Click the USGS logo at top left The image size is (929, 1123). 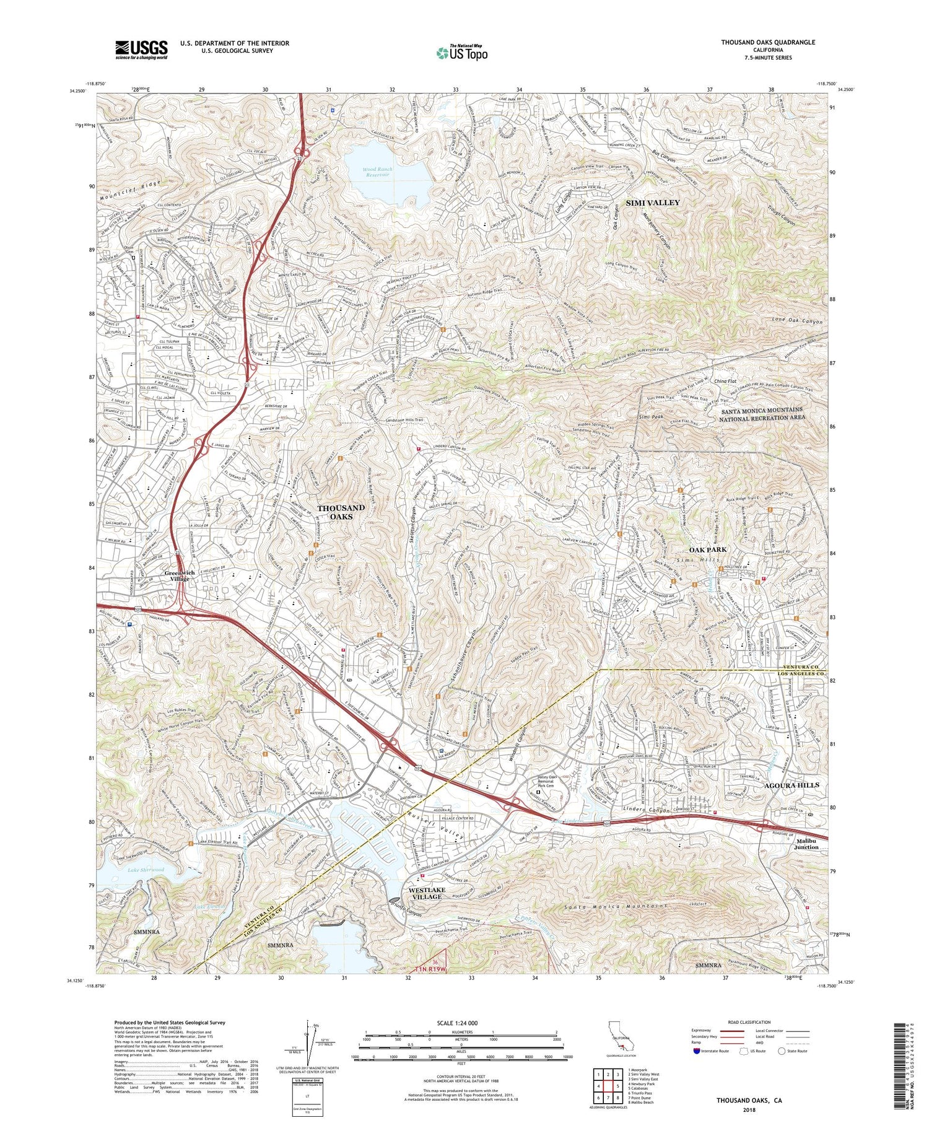pyautogui.click(x=141, y=50)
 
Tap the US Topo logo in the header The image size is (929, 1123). pyautogui.click(x=461, y=53)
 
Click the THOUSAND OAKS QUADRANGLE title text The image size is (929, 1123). pyautogui.click(x=767, y=42)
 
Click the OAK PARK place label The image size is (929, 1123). pyautogui.click(x=707, y=549)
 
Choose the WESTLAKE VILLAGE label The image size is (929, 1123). pyautogui.click(x=427, y=893)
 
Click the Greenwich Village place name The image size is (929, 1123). pyautogui.click(x=180, y=575)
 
